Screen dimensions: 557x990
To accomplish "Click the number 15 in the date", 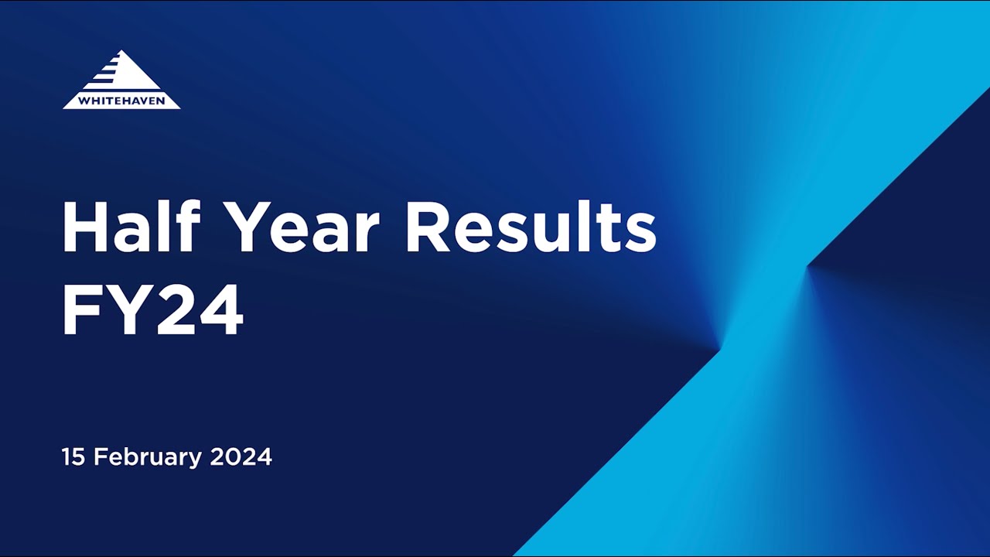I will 73,456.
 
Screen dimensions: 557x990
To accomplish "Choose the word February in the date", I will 148,457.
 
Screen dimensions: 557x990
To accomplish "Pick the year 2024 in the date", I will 241,456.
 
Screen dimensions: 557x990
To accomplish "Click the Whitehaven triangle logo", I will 121,80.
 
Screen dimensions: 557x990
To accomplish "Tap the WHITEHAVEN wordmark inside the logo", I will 121,100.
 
